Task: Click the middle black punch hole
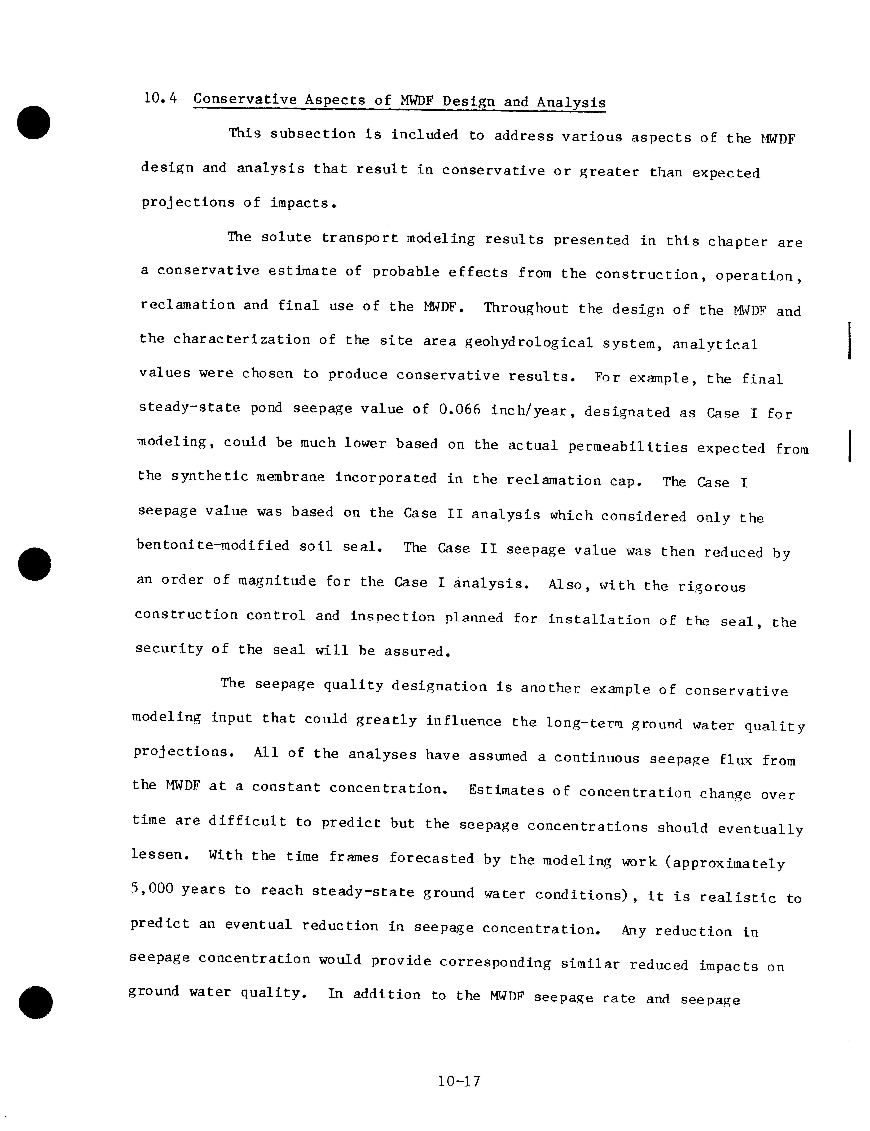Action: pos(34,563)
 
